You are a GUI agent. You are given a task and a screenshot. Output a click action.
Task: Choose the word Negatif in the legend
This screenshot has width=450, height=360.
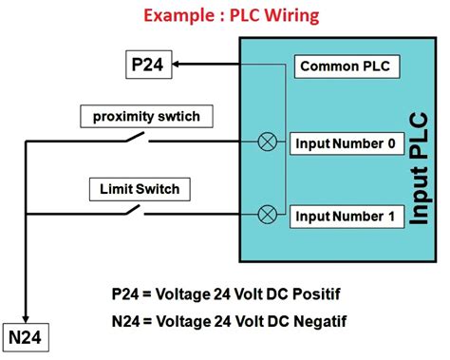point(321,321)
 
